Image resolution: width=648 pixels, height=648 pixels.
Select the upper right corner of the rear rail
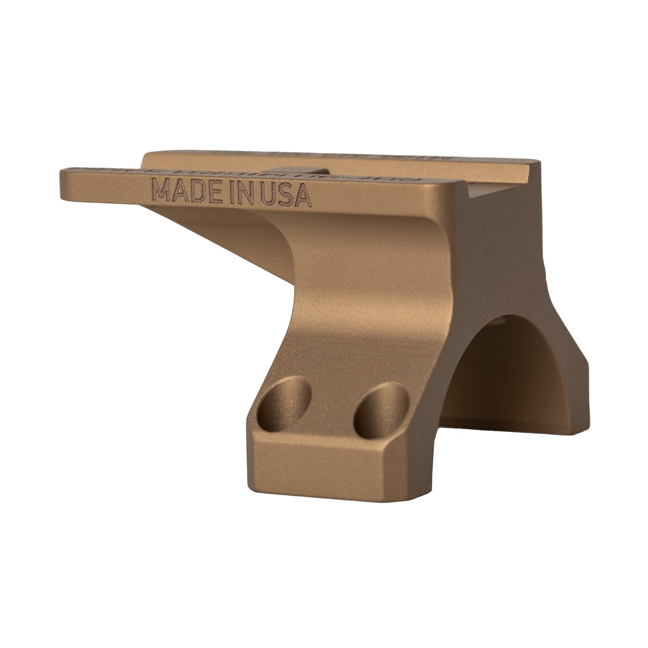point(538,163)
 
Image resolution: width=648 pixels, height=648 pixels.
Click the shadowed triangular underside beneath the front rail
point(227,235)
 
